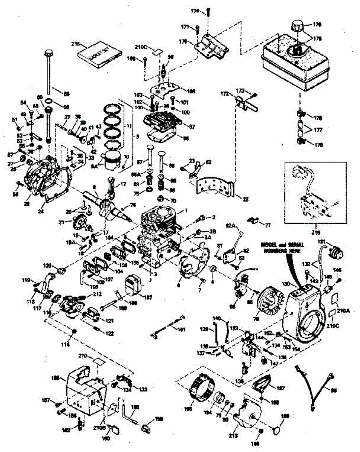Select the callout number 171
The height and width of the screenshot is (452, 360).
(185, 27)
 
